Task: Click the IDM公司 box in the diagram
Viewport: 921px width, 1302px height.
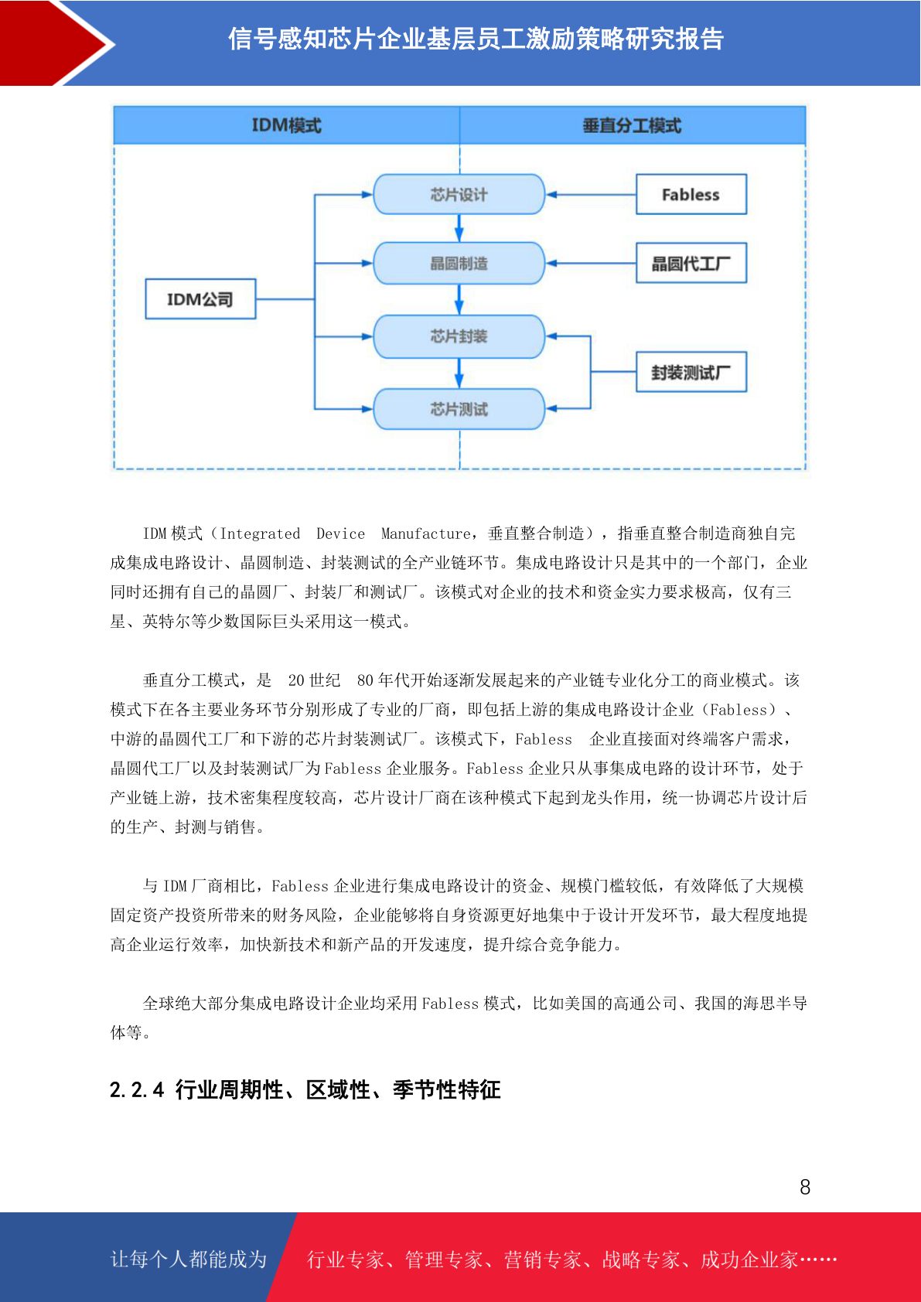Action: point(200,299)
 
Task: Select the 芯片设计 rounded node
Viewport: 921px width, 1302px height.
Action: point(459,194)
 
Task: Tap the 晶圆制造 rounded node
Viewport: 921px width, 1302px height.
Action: point(459,264)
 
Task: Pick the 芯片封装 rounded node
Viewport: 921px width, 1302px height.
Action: point(459,336)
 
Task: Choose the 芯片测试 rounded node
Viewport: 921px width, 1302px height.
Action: point(459,409)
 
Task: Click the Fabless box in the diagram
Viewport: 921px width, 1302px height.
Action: point(691,195)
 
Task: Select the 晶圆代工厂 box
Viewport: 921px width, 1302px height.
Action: point(691,264)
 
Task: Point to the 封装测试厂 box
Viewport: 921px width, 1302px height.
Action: point(691,373)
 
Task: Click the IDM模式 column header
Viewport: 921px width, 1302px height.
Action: point(287,125)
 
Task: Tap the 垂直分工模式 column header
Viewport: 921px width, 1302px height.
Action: point(632,125)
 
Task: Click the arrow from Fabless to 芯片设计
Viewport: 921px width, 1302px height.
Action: point(591,195)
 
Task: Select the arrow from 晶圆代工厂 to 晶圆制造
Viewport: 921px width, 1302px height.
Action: point(591,264)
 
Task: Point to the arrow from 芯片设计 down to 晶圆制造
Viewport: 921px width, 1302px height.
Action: point(459,228)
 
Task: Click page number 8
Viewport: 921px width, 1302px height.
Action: point(805,1188)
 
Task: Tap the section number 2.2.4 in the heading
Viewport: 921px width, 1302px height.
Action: point(137,1090)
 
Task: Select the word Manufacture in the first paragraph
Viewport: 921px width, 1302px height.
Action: point(425,533)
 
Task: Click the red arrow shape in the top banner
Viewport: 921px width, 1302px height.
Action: point(54,43)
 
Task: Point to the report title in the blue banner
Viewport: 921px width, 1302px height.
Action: point(476,39)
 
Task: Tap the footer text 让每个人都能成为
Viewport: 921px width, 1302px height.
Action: point(189,1259)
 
